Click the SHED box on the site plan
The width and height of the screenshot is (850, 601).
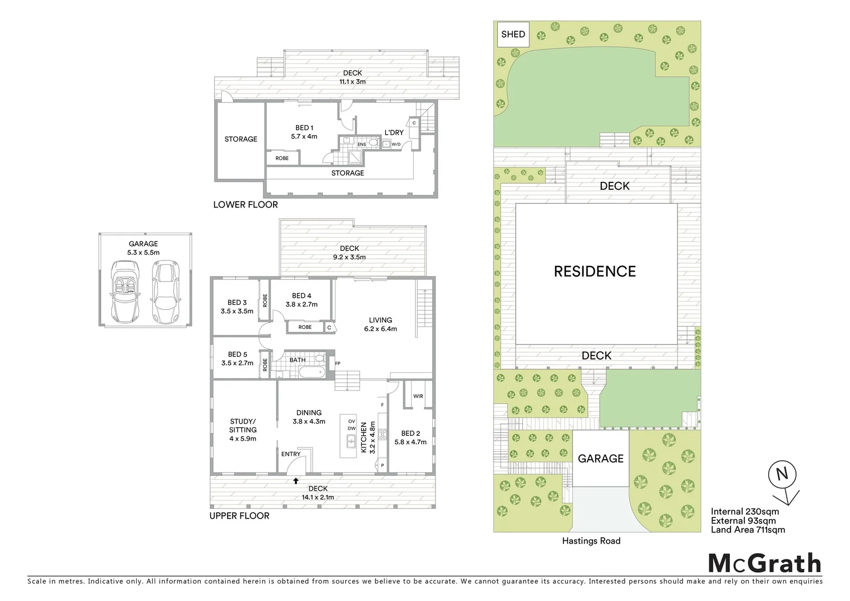tap(513, 35)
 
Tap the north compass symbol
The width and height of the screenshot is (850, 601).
tap(782, 475)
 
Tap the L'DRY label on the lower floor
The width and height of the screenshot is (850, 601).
tap(394, 132)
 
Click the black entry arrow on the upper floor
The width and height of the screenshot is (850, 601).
tap(296, 480)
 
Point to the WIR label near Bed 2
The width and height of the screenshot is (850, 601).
tap(418, 396)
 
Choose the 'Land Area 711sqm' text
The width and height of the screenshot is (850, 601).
tap(748, 530)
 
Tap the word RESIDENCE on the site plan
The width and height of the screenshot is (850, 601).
tap(595, 272)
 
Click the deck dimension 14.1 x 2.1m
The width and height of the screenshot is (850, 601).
tap(318, 497)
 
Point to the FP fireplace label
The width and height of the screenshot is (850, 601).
tap(337, 364)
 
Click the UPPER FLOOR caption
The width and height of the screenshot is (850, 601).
tap(239, 516)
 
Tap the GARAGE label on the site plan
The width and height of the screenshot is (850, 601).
tap(600, 459)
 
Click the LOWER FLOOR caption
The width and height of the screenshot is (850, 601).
tap(245, 205)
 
